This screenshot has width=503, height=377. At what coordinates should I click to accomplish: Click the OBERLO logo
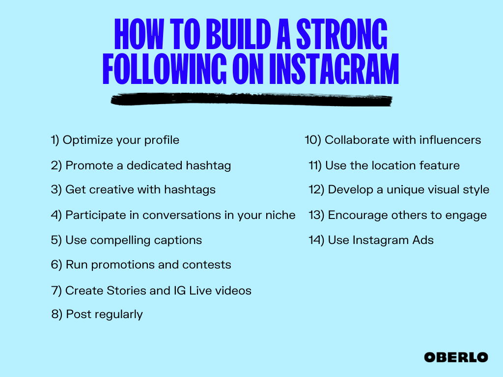(456, 357)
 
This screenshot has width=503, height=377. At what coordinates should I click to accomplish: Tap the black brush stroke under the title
(251, 100)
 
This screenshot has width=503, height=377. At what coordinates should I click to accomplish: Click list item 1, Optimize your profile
(115, 140)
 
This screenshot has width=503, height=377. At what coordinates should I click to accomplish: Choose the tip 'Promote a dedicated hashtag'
(141, 165)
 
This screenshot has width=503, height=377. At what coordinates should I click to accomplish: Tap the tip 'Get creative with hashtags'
(133, 189)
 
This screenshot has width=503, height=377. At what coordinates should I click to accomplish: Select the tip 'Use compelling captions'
(126, 241)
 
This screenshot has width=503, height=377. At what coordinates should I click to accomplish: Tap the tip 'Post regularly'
(97, 314)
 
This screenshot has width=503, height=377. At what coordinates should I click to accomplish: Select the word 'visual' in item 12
(438, 189)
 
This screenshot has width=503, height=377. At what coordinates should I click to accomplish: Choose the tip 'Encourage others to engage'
(398, 215)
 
